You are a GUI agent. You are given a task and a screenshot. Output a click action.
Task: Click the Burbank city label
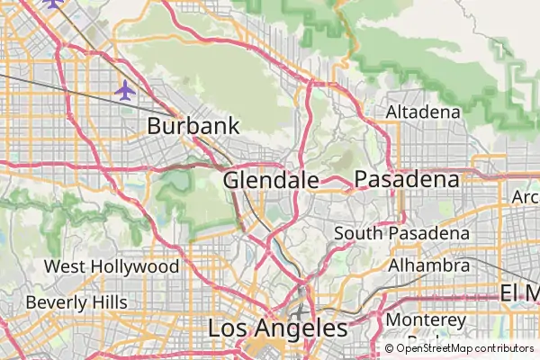[193, 126]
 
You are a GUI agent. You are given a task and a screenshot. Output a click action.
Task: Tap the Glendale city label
[270, 180]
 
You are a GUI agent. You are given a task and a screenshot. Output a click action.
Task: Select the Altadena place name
[423, 112]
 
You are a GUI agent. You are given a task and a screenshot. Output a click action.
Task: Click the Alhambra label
[428, 266]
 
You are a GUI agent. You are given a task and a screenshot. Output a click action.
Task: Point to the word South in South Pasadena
[358, 234]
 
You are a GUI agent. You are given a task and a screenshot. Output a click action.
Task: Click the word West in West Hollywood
[64, 267]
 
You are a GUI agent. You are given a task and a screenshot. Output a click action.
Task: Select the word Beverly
[56, 302]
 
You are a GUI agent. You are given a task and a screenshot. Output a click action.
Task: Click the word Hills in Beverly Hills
[108, 302]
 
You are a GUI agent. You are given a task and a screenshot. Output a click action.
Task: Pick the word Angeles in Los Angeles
[301, 328]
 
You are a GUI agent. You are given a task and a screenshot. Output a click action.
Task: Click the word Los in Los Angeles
[228, 328]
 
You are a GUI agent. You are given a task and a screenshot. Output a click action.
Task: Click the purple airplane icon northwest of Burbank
[125, 90]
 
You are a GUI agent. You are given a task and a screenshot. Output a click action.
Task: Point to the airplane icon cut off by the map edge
[53, 3]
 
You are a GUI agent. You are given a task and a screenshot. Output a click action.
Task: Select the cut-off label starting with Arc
[525, 197]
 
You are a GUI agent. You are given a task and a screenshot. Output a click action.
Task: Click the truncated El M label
[519, 293]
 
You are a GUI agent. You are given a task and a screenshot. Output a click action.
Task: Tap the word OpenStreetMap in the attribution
[436, 348]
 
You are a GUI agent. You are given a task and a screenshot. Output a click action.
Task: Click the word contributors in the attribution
[505, 348]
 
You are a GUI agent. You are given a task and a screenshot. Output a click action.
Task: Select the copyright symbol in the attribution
[390, 348]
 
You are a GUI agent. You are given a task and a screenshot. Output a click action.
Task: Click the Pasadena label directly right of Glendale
[406, 180]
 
